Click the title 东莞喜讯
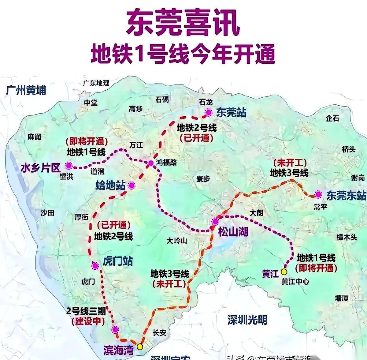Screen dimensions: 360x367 click(x=183, y=24)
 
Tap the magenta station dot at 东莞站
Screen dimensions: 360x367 click(x=209, y=112)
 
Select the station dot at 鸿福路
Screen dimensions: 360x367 click(x=151, y=163)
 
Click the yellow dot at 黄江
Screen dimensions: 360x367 click(x=284, y=272)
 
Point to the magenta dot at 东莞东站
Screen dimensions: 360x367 click(x=319, y=194)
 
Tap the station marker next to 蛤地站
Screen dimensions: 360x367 click(x=132, y=185)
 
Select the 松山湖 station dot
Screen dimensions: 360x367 click(x=215, y=221)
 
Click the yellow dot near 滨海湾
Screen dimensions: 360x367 click(x=140, y=347)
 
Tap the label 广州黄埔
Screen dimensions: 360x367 click(x=26, y=90)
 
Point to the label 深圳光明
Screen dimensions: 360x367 click(x=247, y=320)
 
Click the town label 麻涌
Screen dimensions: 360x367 click(x=34, y=137)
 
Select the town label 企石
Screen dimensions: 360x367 click(x=332, y=118)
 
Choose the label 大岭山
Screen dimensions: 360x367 click(x=177, y=241)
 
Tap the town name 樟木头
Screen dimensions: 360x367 click(x=347, y=237)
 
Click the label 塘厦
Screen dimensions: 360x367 click(x=341, y=298)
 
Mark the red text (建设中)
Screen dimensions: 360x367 click(x=88, y=321)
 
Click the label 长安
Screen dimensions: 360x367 click(x=159, y=332)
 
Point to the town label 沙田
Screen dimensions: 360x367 click(x=47, y=213)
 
